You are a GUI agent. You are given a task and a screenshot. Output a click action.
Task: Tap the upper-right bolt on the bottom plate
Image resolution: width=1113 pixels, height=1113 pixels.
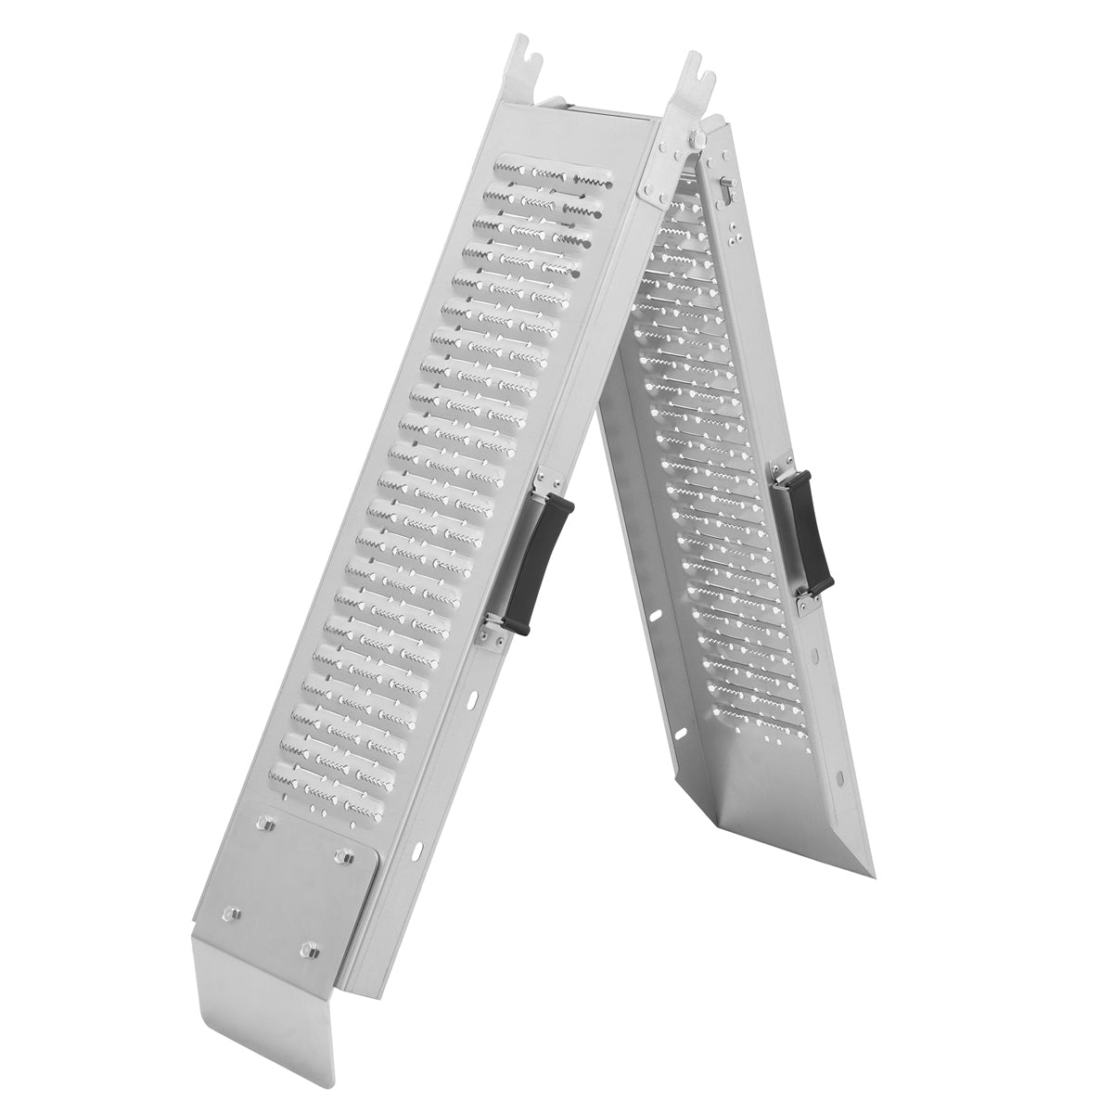pyautogui.click(x=345, y=851)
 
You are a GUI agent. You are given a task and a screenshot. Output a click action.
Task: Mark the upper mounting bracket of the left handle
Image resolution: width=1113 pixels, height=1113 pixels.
pyautogui.click(x=546, y=480)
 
